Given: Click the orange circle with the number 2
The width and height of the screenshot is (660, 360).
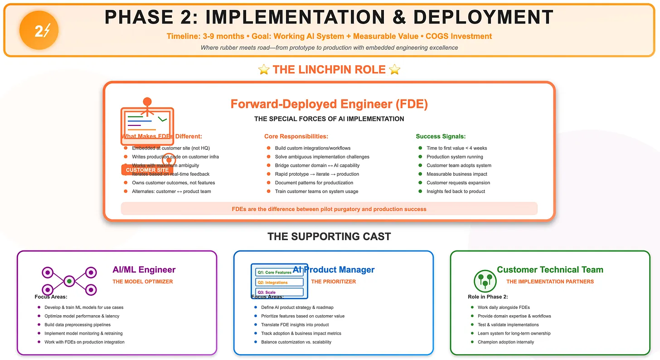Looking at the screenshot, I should point(39,31).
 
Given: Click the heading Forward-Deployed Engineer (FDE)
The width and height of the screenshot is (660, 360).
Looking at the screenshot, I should point(329,104).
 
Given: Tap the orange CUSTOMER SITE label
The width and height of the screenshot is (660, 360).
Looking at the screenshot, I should point(147,170).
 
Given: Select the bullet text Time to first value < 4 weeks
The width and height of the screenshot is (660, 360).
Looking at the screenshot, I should point(456,148).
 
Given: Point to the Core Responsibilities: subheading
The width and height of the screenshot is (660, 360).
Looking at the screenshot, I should point(296,136).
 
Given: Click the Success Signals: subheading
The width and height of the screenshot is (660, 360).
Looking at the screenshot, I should point(441,136).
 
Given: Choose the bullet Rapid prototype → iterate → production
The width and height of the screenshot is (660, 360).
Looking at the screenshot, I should point(316,174).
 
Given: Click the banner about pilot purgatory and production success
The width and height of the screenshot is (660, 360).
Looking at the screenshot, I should point(329,209).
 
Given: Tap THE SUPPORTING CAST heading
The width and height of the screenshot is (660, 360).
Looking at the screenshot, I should point(329,236).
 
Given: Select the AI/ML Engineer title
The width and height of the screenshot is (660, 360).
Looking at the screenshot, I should point(144,270).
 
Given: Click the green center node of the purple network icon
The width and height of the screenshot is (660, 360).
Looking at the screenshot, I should point(69,281).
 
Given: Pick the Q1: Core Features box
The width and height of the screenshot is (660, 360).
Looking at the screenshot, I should point(279,272).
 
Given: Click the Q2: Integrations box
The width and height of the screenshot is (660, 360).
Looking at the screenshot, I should point(279,282).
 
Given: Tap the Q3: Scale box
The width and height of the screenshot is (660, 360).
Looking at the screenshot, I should point(279,292).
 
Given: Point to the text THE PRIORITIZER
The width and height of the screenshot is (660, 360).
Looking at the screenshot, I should point(333,282).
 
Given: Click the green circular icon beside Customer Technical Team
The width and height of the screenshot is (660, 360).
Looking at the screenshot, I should point(485,281).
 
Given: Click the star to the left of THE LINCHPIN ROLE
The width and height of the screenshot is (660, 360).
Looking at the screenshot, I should point(263,70).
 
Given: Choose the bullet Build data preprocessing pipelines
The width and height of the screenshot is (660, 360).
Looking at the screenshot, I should point(78,325).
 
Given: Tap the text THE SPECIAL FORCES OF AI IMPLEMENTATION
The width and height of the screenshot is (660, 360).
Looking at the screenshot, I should point(329,119).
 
